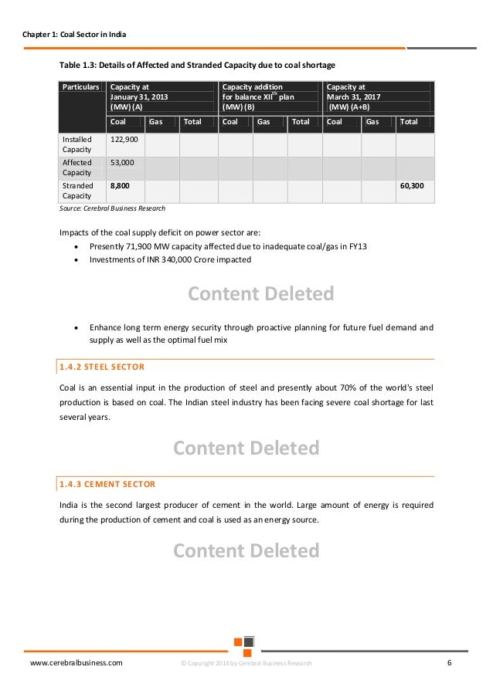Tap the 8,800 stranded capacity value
pos(120,186)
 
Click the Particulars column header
pos(80,87)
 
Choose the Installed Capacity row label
pos(76,144)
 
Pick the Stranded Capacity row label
pos(76,191)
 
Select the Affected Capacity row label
pos(76,167)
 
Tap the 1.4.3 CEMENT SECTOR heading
pos(107,484)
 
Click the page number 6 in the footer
pos(450,663)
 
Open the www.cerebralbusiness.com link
pos(76,663)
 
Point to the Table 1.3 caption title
pos(197,64)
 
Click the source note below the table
pos(112,208)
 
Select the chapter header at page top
pos(75,36)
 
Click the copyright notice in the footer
pos(246,664)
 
